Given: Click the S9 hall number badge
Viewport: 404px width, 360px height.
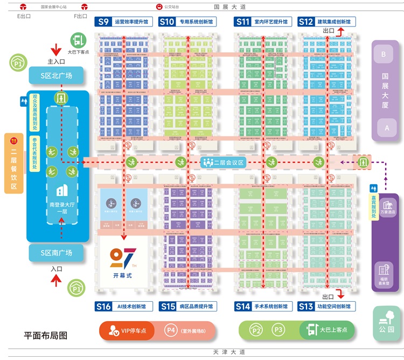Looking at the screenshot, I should (103, 22).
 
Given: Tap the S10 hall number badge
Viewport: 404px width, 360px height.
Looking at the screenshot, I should (168, 22).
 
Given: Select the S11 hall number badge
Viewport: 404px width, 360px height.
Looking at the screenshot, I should (243, 22).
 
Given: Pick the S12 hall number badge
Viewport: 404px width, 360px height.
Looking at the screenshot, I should (306, 22).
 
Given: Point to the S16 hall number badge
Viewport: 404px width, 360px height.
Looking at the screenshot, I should (104, 307).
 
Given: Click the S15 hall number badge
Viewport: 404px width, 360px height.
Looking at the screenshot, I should (168, 307).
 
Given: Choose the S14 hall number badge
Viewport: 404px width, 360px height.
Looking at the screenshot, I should (243, 307).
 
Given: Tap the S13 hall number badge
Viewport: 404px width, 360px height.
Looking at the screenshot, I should (306, 307).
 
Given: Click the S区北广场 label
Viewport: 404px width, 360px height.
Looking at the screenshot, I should (57, 75).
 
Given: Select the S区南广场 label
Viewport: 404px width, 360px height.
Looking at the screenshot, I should (57, 253).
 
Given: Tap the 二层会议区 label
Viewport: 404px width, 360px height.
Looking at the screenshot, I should (224, 162).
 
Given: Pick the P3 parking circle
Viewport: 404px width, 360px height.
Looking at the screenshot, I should (278, 330).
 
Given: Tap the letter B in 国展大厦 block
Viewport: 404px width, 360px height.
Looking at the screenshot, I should (384, 54).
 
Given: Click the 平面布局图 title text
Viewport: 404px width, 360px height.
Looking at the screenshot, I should (46, 335).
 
